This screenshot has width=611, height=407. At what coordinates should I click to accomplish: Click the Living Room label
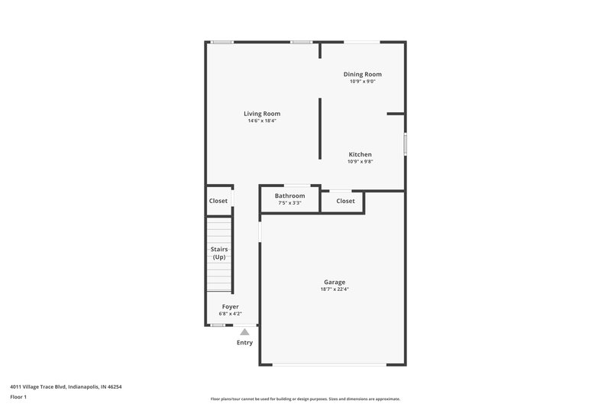tap(262, 114)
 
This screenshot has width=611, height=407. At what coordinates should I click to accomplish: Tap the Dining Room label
tap(362, 74)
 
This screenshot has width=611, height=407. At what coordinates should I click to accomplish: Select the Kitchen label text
tap(360, 154)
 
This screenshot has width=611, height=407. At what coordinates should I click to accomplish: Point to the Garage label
tap(335, 281)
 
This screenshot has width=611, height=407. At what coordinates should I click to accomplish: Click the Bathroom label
tap(289, 195)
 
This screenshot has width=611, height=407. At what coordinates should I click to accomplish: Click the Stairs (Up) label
tap(219, 253)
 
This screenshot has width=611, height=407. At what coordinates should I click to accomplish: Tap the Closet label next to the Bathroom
tap(345, 201)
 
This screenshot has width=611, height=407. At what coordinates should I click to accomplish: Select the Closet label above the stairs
tap(218, 201)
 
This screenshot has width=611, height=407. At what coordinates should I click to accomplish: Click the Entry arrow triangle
tap(244, 332)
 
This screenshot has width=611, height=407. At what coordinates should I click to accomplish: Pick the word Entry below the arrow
tap(244, 343)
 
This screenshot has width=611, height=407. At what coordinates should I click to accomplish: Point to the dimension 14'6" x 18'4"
tap(262, 121)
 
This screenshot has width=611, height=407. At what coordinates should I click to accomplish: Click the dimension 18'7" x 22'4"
tap(335, 289)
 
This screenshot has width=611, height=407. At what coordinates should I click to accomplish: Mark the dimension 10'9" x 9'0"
tap(362, 82)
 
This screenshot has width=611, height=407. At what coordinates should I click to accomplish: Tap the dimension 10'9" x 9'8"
tap(360, 161)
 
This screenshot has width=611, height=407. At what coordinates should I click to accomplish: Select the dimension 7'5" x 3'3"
tap(289, 202)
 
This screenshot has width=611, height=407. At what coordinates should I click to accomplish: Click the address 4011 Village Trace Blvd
tap(66, 386)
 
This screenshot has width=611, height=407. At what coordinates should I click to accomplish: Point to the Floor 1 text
tap(18, 397)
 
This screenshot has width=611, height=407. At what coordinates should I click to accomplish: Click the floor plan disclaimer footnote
tap(305, 399)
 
